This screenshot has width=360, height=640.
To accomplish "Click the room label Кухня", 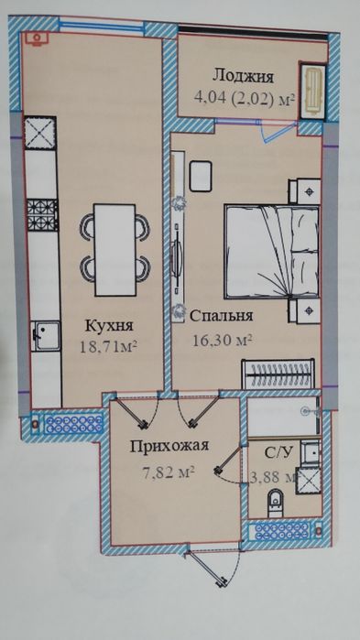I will (109, 326).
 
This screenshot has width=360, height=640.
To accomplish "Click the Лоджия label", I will (240, 75).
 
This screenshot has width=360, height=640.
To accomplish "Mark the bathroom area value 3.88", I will (272, 476).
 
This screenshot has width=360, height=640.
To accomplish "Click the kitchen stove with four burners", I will (41, 216).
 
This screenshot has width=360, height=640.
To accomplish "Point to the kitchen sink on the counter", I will (43, 336).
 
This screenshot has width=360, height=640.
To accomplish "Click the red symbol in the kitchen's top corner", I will (37, 38).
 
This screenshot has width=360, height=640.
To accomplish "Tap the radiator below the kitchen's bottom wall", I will (64, 424).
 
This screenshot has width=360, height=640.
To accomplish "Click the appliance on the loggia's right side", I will (313, 90).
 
